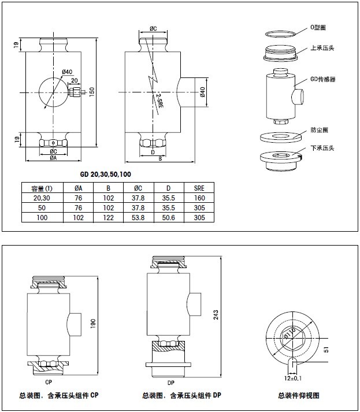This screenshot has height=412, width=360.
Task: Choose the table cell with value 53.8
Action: point(138,217)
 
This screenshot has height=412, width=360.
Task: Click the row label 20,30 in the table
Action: point(42,198)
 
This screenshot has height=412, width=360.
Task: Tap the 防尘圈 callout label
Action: point(318,130)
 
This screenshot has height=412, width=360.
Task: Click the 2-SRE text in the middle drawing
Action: point(159,99)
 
